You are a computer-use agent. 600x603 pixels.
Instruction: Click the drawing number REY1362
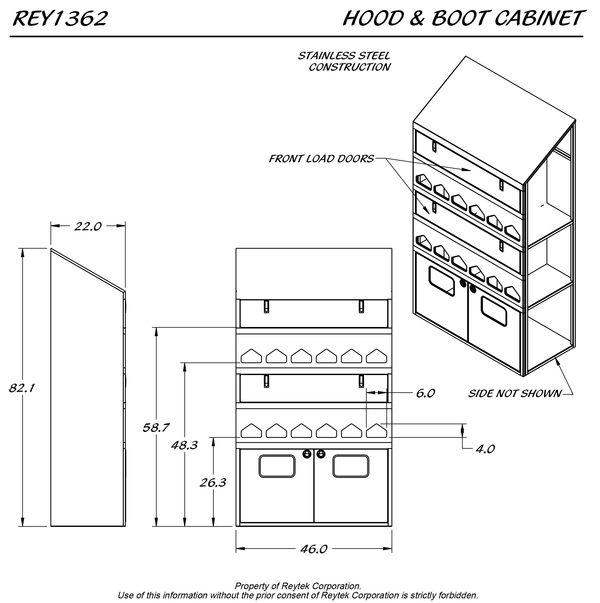(x=60, y=18)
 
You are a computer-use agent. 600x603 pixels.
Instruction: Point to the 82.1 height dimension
(x=21, y=388)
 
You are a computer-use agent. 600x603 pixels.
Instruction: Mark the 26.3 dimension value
(x=213, y=483)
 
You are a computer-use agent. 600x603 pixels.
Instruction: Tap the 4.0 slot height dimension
(x=485, y=449)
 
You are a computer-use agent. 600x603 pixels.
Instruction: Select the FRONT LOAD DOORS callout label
(x=321, y=159)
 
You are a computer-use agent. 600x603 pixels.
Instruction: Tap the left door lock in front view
(x=307, y=454)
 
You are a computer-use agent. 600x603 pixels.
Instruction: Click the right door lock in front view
(x=320, y=454)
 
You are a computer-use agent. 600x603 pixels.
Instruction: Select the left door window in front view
(x=277, y=466)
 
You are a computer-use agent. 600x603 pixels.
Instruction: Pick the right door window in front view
(x=351, y=466)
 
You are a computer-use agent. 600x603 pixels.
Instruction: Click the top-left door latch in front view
(x=266, y=306)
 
